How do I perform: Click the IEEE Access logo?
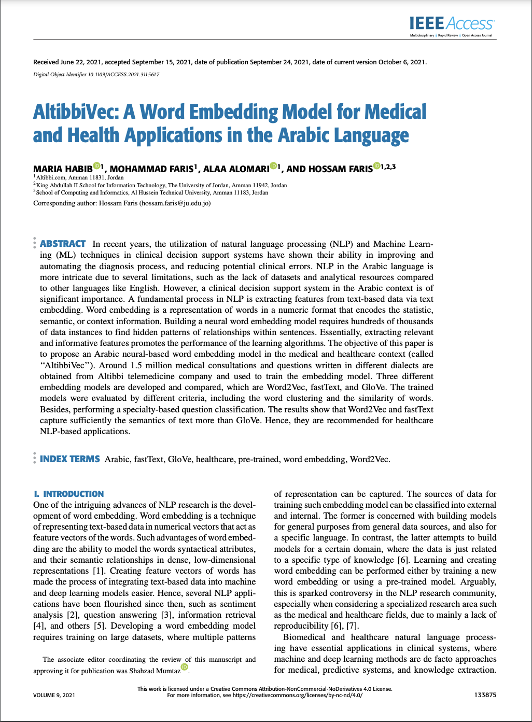pyautogui.click(x=451, y=23)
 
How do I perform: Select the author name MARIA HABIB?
pyautogui.click(x=63, y=169)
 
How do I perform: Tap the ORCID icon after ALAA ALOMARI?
pyautogui.click(x=273, y=166)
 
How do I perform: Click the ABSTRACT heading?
pyautogui.click(x=63, y=244)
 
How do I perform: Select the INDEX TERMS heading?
pyautogui.click(x=70, y=459)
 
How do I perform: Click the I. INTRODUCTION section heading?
pyautogui.click(x=68, y=494)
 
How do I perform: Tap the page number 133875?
pyautogui.click(x=485, y=695)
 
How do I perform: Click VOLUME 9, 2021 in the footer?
pyautogui.click(x=54, y=695)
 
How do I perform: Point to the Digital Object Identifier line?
pyautogui.click(x=96, y=75)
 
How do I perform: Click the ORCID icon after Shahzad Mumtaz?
pyautogui.click(x=185, y=667)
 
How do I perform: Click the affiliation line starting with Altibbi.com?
pyautogui.click(x=79, y=177)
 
